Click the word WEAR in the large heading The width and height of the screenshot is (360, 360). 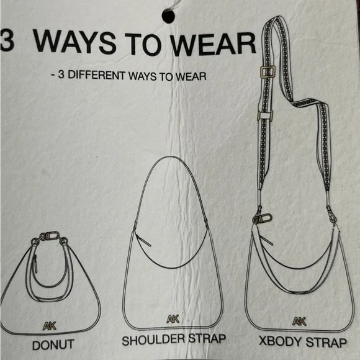click(214, 45)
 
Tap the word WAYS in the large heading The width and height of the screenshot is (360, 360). click(74, 42)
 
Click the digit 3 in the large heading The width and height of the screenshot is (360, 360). click(6, 40)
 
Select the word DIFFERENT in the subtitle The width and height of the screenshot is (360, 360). click(97, 75)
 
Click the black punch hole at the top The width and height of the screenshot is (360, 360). click(168, 16)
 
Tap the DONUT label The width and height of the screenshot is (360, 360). click(53, 345)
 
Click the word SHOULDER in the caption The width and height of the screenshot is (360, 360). click(153, 340)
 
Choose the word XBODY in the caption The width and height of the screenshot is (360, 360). click(281, 341)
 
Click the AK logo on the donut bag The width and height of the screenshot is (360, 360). click(50, 326)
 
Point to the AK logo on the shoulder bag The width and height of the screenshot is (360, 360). click(173, 319)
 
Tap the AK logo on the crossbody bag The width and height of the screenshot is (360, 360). click(299, 321)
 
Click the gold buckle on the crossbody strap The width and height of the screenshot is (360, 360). click(268, 72)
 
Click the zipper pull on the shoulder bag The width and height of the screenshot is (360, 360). click(143, 240)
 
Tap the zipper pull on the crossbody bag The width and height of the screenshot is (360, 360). click(266, 240)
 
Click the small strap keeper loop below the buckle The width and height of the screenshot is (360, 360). click(264, 115)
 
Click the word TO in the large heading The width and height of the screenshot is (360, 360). click(145, 43)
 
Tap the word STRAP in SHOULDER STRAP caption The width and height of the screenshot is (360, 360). click(207, 339)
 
